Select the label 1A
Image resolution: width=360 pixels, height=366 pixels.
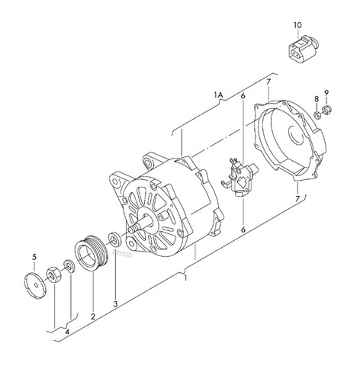(x=218, y=95)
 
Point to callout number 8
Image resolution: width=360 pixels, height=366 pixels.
(x=317, y=99)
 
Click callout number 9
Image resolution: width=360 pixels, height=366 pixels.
(x=326, y=94)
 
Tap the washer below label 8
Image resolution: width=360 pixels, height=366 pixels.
(x=316, y=114)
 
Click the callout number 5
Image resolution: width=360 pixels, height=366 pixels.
(x=34, y=255)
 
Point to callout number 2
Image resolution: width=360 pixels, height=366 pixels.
(x=93, y=316)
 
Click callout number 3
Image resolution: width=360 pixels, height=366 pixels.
(x=116, y=303)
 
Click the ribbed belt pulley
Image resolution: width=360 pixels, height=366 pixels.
(x=91, y=253)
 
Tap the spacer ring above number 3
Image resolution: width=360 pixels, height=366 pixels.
(x=115, y=238)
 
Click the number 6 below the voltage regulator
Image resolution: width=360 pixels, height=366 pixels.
(x=243, y=229)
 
